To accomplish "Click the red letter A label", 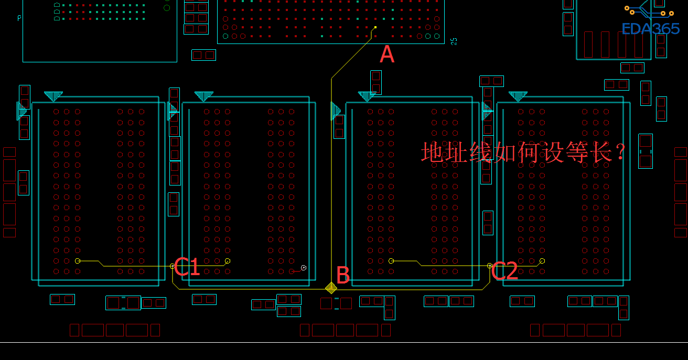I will point(386,54).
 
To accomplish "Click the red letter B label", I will point(343,275).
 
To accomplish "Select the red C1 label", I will point(187,267).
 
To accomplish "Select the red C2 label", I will point(505,271).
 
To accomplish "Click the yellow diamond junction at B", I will point(331,288).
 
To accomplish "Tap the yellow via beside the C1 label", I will point(172,266).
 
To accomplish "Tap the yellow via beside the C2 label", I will point(489,266).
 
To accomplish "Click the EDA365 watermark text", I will point(650,29).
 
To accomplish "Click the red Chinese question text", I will point(524,152).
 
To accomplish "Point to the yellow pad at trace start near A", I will point(375,27).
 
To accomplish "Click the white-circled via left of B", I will point(303,268).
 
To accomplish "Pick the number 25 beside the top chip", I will point(454,40).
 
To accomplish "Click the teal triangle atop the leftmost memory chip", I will point(53,95).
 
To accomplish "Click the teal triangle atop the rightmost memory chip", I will point(518,95).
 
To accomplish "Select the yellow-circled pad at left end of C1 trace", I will point(78,260).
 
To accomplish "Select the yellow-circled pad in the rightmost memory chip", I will point(542,260).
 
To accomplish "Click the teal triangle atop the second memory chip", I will point(203,95).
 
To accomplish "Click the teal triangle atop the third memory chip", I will point(367,95).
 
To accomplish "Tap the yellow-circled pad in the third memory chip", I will point(391,260).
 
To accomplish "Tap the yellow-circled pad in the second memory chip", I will point(228,260).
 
